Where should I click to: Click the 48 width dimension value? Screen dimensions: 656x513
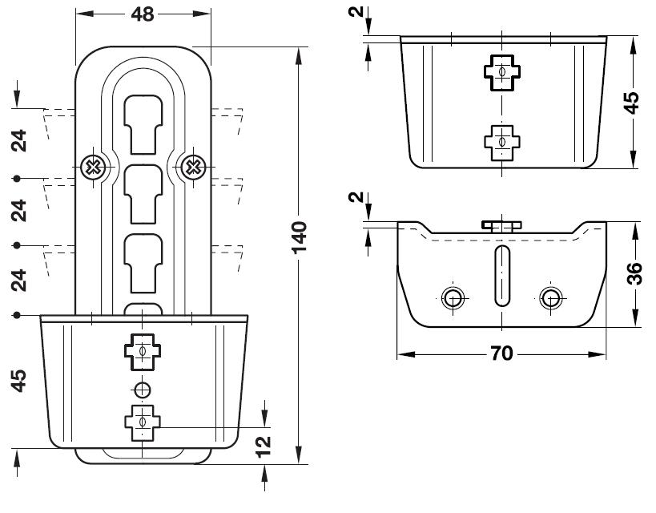[143, 14]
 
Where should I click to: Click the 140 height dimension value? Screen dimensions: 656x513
[299, 237]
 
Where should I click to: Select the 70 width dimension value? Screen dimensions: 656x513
[501, 353]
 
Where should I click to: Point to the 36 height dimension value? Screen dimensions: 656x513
[634, 273]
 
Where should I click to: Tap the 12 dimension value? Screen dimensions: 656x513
[264, 446]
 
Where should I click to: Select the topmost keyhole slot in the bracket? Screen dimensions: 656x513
[143, 125]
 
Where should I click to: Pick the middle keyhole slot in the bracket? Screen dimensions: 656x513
[143, 194]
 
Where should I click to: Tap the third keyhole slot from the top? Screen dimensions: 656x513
[143, 264]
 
